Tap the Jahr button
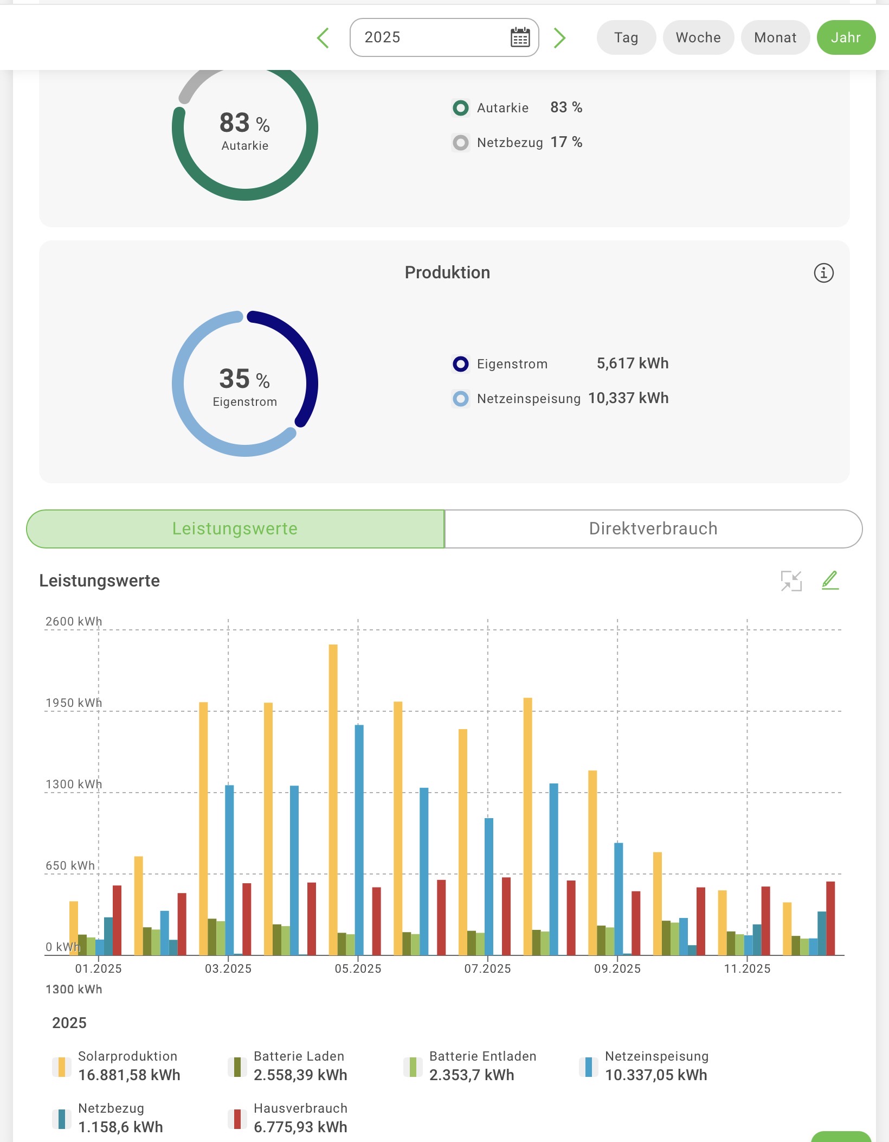coord(846,37)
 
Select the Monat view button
coord(775,37)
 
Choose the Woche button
coord(698,37)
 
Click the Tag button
coord(626,37)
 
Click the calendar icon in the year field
coord(520,37)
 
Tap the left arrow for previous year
coord(323,37)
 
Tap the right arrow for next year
coord(559,37)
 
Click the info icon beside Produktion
coord(823,273)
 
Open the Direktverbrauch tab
coord(653,528)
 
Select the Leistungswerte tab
coord(235,528)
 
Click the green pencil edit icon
coord(830,580)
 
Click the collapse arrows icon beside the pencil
coord(791,580)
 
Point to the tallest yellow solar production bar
coord(333,798)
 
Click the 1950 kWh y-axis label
coord(74,703)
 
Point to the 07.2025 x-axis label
coord(487,968)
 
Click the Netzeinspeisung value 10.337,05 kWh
coord(656,1075)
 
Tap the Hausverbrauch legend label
coord(300,1108)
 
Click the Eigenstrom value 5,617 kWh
coord(633,363)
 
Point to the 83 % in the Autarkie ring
coord(244,123)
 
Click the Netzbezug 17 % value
coord(566,142)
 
